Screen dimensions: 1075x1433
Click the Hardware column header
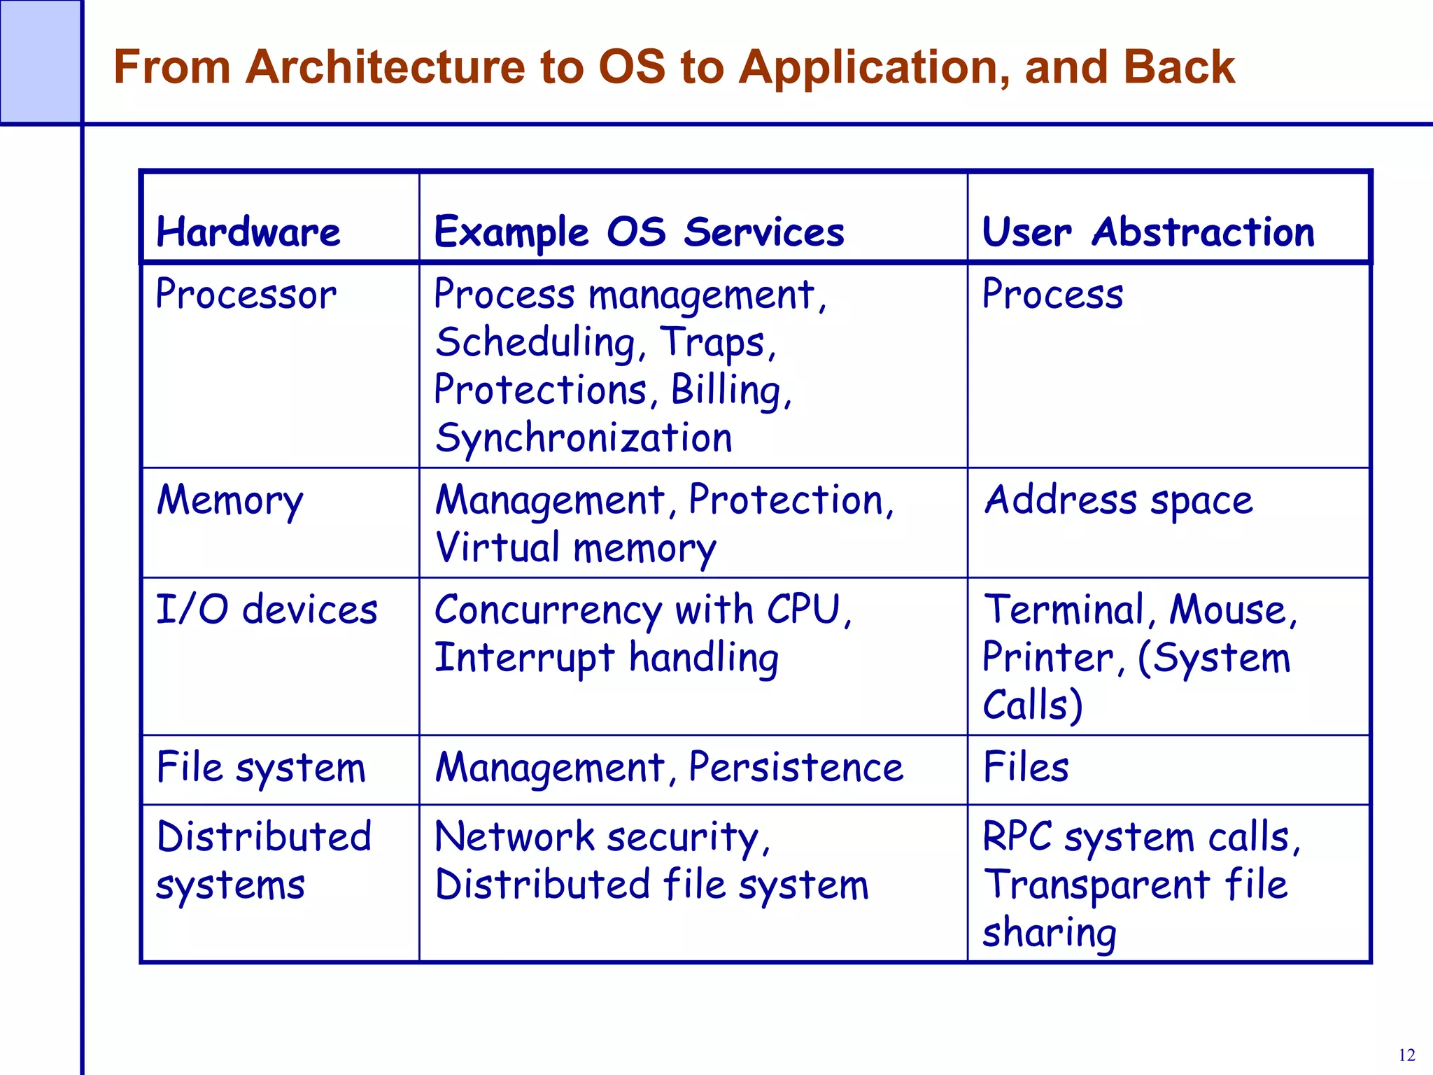pos(248,232)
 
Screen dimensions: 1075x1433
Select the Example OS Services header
pos(639,232)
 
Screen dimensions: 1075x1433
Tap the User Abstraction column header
pos(1148,232)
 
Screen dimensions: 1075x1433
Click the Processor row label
pos(246,295)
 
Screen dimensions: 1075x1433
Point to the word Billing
pos(730,390)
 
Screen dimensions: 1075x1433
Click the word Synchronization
pos(584,438)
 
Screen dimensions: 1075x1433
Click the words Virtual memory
pos(575,548)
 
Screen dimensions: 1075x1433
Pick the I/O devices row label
pos(267,610)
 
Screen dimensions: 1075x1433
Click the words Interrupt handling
pos(607,658)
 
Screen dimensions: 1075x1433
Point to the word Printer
pos(1047,658)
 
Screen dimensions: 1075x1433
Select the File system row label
pos(261,768)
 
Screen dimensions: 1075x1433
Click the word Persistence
pos(796,768)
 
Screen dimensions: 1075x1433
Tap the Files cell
pos(1026,767)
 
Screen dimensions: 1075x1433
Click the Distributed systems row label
pos(263,861)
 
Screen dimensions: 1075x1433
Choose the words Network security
pos(601,838)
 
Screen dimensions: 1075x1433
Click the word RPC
pos(1017,837)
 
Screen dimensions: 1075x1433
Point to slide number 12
pos(1406,1055)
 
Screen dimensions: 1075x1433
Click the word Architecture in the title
pos(385,67)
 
